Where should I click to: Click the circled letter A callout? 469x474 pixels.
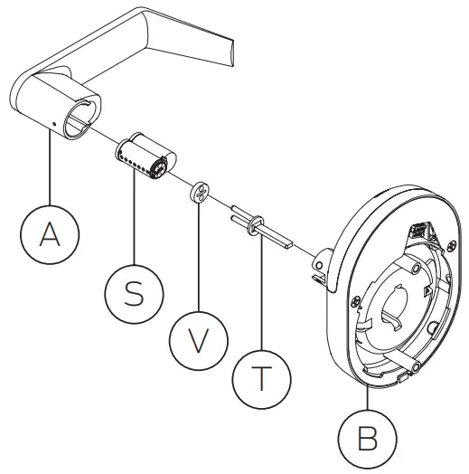pyautogui.click(x=51, y=233)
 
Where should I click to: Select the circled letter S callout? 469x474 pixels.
pyautogui.click(x=134, y=294)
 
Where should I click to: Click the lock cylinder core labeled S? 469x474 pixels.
pyautogui.click(x=145, y=156)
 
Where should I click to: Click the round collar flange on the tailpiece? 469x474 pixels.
pyautogui.click(x=254, y=220)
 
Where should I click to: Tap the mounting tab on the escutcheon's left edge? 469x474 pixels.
pyautogui.click(x=318, y=265)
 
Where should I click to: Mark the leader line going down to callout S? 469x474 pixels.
pyautogui.click(x=134, y=217)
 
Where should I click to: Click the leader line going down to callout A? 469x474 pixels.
pyautogui.click(x=51, y=167)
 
